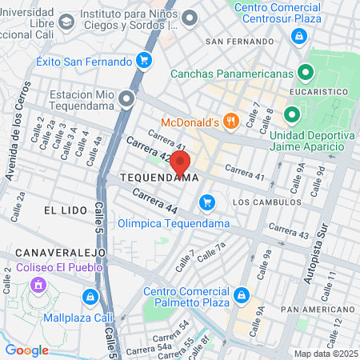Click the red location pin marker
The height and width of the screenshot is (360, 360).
(180, 163)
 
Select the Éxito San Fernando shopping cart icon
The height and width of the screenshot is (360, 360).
(144, 61)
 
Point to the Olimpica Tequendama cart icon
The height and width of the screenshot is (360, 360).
(208, 202)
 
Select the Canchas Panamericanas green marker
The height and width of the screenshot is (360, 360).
(304, 74)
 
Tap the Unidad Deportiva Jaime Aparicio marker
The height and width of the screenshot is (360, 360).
(292, 116)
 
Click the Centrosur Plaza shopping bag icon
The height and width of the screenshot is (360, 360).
(298, 35)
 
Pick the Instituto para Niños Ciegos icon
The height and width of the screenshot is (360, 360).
(190, 17)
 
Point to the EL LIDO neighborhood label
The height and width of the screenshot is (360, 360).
(60, 209)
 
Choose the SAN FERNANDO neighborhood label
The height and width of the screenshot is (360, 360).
(234, 41)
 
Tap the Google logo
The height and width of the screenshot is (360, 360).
(26, 350)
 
